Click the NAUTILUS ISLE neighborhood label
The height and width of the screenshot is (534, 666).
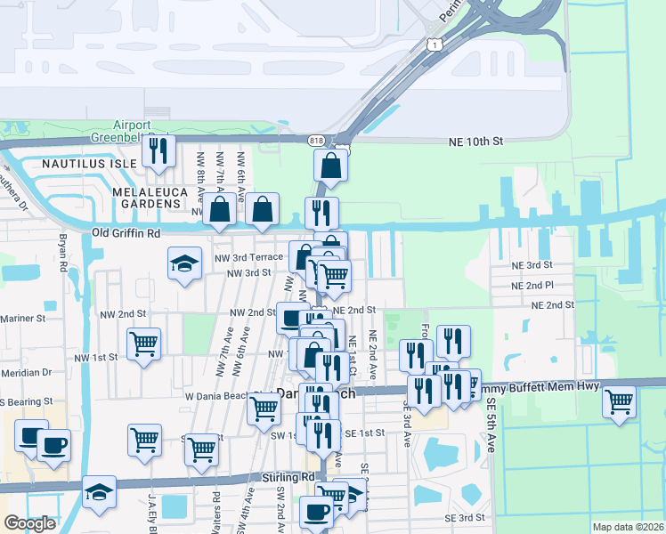tap(88, 164)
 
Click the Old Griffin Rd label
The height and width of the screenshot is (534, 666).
tap(126, 233)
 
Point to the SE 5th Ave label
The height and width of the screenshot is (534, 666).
tap(490, 425)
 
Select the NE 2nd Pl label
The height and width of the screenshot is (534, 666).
tap(532, 286)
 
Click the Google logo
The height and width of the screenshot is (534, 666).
tap(30, 523)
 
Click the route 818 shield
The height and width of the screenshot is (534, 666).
tap(317, 141)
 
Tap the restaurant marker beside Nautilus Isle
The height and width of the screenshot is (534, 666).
tap(158, 151)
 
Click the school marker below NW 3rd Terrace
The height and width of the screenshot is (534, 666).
tap(184, 263)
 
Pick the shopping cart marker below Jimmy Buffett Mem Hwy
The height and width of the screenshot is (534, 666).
tap(619, 400)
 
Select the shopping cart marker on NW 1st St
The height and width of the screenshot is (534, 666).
tap(143, 343)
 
